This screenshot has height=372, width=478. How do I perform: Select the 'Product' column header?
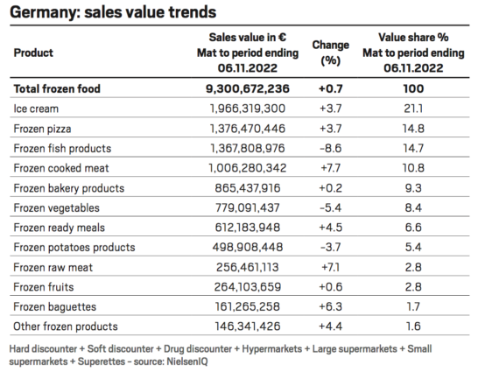click(34, 53)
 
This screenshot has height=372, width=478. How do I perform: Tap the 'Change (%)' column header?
click(330, 53)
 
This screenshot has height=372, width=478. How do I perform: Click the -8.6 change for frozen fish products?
click(330, 148)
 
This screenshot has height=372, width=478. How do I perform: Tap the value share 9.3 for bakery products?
click(412, 188)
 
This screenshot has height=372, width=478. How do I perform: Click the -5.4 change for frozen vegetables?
click(330, 207)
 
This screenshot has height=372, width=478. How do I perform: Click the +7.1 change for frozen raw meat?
click(330, 267)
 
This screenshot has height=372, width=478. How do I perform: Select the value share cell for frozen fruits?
click(412, 287)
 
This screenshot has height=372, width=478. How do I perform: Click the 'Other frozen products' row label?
click(66, 326)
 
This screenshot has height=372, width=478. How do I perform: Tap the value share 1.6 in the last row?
click(412, 326)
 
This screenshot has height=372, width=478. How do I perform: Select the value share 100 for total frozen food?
click(412, 88)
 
